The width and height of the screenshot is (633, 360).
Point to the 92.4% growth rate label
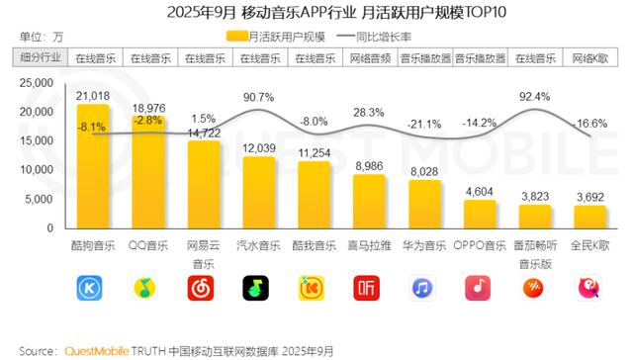tap(533, 97)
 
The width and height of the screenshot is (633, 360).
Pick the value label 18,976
tap(148, 107)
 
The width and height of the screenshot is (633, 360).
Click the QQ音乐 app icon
tap(148, 288)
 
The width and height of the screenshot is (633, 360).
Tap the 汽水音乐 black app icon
tap(258, 288)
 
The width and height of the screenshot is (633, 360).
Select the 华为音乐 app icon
tap(424, 288)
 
